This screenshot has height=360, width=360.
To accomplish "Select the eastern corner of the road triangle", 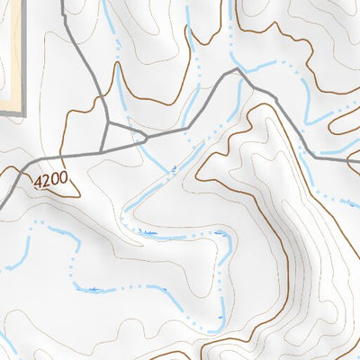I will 146,139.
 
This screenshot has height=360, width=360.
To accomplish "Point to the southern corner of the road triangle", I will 102,149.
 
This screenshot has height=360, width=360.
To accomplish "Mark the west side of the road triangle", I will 105,136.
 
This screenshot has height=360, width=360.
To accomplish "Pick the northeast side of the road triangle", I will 127,130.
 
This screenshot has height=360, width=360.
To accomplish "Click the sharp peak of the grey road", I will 236,69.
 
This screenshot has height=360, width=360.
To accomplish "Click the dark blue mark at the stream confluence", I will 174,167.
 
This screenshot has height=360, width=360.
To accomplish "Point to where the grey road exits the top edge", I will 62,2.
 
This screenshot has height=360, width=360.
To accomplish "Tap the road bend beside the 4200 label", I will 24,166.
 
